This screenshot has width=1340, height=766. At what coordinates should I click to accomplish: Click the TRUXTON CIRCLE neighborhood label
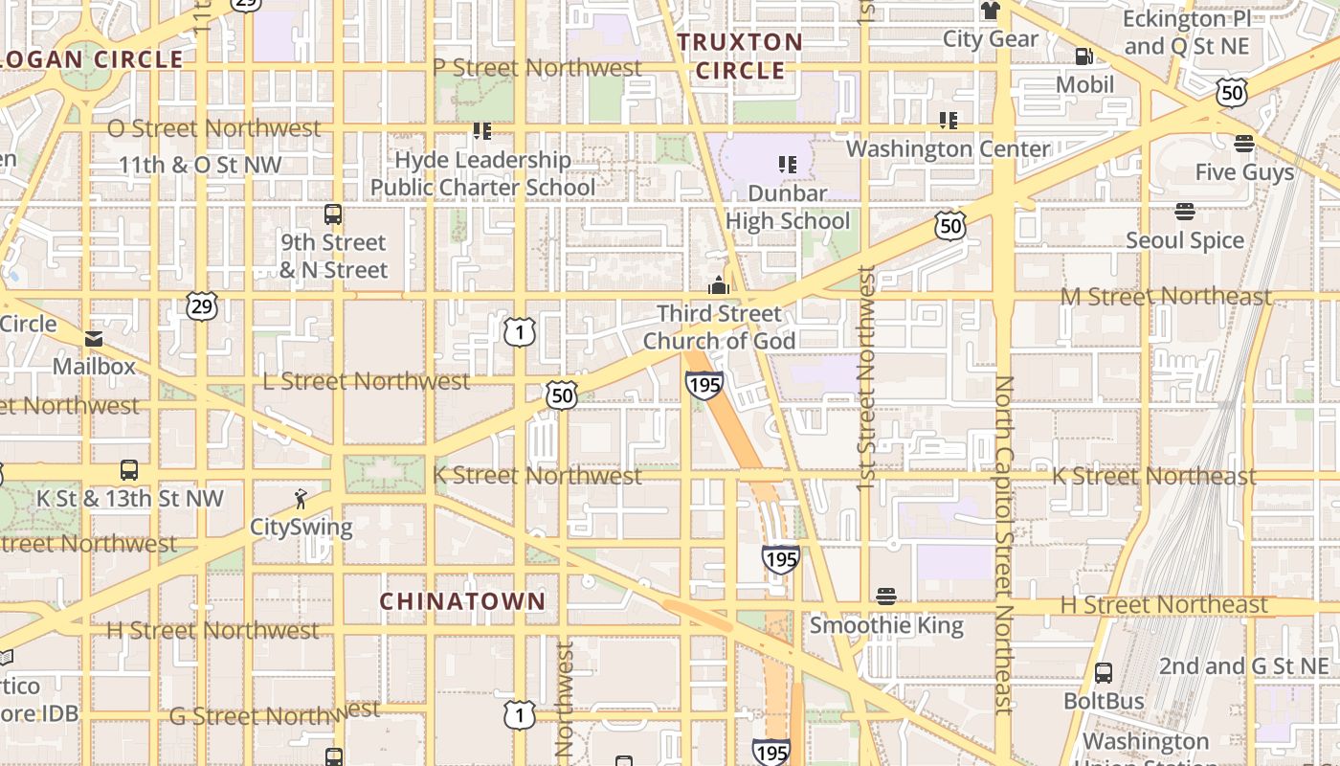tap(740, 56)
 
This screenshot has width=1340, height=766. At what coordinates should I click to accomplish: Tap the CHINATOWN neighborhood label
tap(462, 601)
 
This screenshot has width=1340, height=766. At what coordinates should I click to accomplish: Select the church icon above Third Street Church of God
tap(718, 285)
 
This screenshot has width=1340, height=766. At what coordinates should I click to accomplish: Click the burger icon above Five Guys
tap(1244, 145)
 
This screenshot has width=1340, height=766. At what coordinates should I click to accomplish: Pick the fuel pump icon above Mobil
tap(1084, 56)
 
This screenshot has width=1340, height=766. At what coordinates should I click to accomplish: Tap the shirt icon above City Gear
tap(990, 11)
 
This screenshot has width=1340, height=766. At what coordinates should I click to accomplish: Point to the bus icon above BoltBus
tap(1104, 673)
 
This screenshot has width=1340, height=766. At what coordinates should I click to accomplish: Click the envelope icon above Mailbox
tap(94, 338)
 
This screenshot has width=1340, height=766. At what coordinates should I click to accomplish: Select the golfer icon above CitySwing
tap(301, 499)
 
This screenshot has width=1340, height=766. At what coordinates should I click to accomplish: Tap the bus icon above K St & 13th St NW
tap(129, 470)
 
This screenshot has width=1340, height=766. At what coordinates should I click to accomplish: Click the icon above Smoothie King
tap(886, 597)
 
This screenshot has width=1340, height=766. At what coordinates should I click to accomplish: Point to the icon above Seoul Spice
tap(1185, 212)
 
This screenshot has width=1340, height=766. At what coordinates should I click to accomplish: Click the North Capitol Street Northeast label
tap(1003, 544)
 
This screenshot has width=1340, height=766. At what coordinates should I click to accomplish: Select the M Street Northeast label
tap(1166, 297)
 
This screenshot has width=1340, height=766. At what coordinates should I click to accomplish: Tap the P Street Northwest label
tap(537, 68)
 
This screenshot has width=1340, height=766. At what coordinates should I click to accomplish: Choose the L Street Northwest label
tap(367, 381)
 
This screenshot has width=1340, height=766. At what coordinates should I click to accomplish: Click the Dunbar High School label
tap(788, 207)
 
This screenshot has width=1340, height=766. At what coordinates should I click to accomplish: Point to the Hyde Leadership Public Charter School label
tap(483, 173)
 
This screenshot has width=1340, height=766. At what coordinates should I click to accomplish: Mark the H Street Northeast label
tap(1164, 605)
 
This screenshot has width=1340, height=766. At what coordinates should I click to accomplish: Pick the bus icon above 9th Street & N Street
tap(333, 214)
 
